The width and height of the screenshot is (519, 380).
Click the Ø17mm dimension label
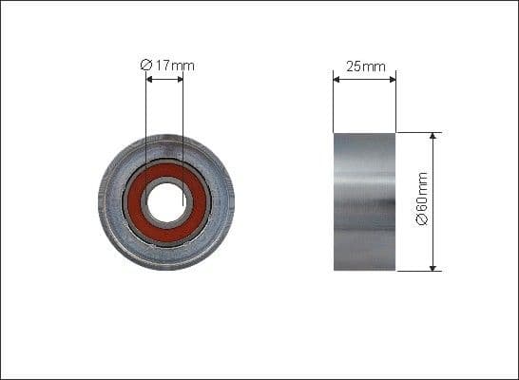pos(167,65)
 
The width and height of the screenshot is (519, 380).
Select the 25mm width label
pos(365,66)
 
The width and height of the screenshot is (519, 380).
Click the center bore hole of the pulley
pos(166,201)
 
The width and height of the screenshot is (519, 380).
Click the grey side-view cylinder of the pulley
pos(364,201)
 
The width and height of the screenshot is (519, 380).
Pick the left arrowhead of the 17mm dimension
pos(148,80)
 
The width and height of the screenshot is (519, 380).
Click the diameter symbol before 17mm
pos(145,65)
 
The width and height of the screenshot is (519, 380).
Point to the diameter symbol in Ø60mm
pos(422,220)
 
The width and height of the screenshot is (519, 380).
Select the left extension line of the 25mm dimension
pos(333,104)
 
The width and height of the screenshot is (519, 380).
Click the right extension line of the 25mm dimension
pos(395,104)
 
